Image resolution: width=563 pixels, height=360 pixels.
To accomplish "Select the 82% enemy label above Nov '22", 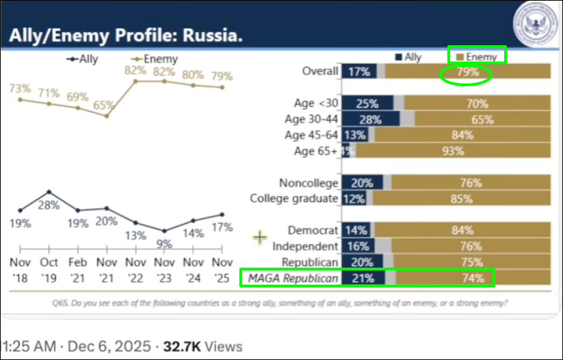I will [x=136, y=70].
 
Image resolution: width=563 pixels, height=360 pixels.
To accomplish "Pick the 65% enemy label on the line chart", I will [x=104, y=105].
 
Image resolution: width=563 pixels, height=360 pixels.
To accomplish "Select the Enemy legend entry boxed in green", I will [x=476, y=56].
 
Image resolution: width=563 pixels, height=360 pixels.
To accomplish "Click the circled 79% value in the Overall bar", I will [x=464, y=72].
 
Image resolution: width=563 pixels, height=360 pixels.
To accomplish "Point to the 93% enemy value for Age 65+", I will [x=452, y=151].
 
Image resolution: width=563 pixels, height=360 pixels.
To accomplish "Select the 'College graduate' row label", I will [x=294, y=198].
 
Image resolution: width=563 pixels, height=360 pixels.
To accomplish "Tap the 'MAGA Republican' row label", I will [x=292, y=277].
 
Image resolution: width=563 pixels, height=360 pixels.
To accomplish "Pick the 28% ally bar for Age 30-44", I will [x=370, y=119].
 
